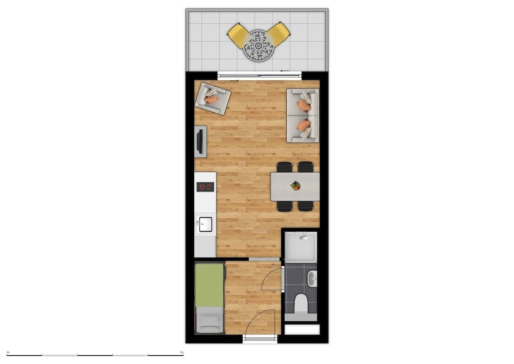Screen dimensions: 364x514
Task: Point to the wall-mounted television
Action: point(200,142)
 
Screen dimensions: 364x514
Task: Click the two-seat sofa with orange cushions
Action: point(303,115)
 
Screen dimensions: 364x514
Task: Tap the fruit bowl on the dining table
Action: point(295,185)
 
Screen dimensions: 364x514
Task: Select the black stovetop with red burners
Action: point(206,187)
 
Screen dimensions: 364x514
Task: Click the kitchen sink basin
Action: point(206,223)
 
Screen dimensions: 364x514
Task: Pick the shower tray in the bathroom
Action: point(301,246)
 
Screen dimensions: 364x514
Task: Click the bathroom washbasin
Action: point(313,279)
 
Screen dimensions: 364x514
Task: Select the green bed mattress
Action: point(210,284)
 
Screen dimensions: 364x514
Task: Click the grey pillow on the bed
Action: point(210,319)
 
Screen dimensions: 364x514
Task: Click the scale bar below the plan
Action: point(95,355)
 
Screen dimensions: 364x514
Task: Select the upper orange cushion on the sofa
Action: point(304,106)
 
